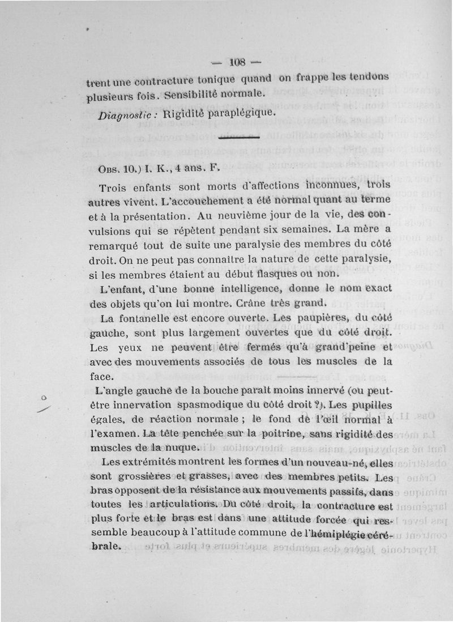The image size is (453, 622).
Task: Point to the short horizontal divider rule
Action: [238, 138]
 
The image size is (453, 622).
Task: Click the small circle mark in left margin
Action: [44, 398]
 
